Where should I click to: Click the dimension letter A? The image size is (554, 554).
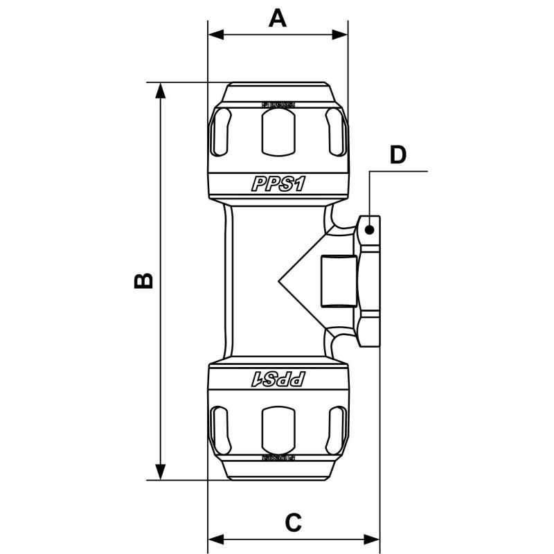coord(278,18)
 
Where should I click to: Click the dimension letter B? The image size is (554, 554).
coord(143,280)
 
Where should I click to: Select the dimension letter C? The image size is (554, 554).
coord(294,522)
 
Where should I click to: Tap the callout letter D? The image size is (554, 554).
coord(397,155)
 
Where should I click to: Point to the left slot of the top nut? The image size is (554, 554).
coord(220,132)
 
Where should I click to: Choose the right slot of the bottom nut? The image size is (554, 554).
coord(337,429)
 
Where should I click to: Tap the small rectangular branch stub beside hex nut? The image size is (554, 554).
coord(339,281)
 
